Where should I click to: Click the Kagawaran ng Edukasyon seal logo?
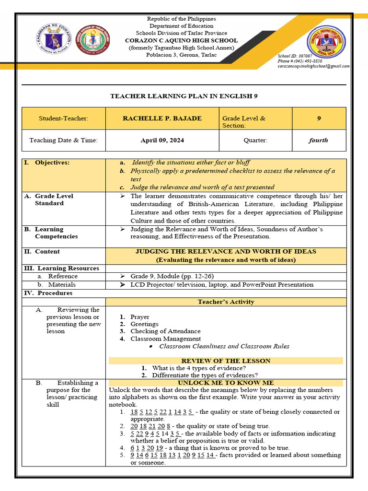pos(54,39)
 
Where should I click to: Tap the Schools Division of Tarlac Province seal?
pos(93,39)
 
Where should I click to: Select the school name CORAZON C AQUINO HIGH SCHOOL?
pos(181,40)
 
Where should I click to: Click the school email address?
pos(313,67)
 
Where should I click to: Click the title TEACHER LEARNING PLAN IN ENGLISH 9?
pos(184,96)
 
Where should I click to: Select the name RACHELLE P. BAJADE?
pos(162,118)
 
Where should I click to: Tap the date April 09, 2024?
pos(162,140)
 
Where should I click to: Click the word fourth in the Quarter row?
pos(318,140)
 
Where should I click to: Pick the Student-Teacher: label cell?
pos(64,118)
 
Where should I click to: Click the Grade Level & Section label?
pos(243,122)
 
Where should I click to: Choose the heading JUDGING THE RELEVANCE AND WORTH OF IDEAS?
pos(226,251)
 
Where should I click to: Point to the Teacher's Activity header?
pos(226,302)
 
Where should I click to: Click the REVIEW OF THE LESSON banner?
pos(226,361)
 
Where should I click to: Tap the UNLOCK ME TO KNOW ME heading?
pos(226,383)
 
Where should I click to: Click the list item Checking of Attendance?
pos(165,331)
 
